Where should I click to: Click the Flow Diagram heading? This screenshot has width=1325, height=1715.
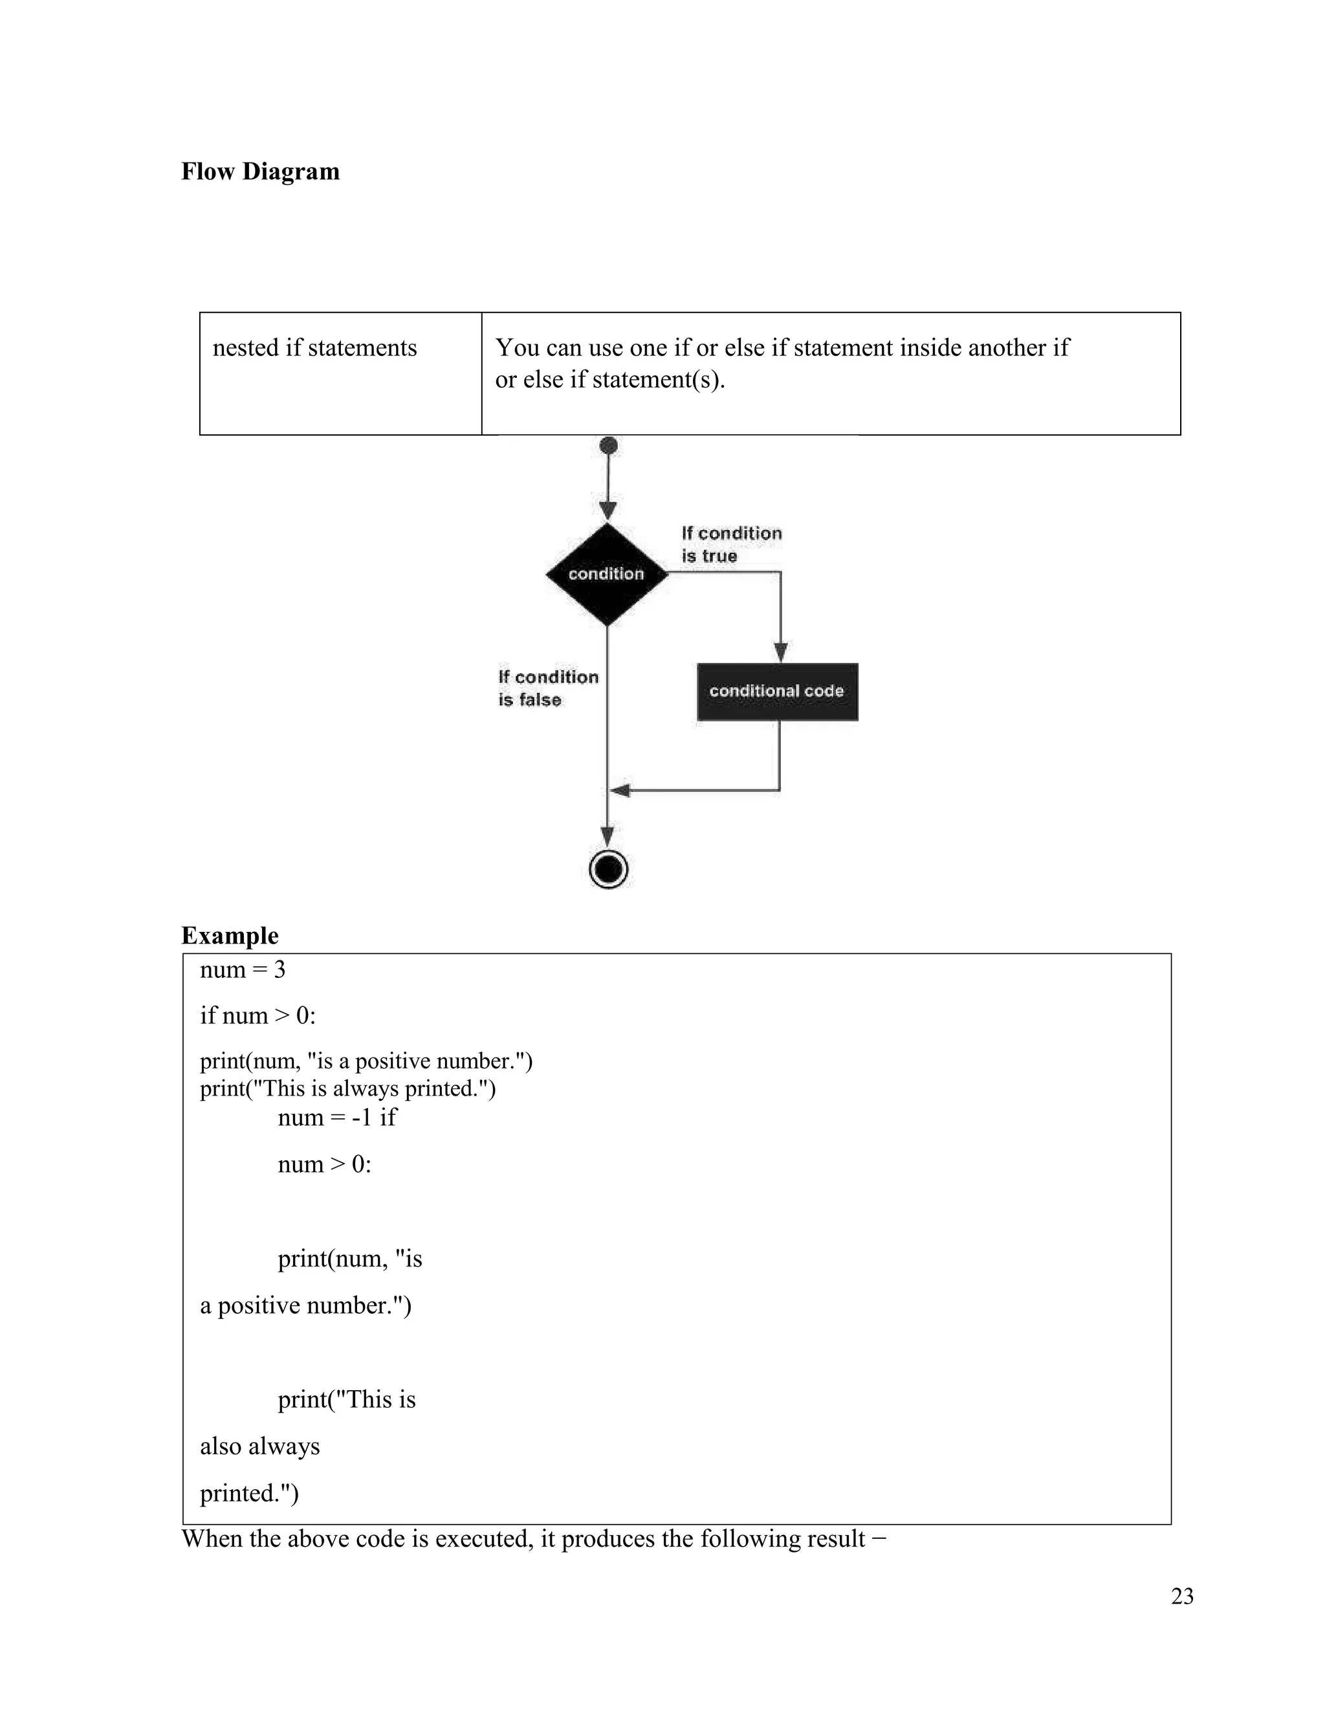tap(260, 171)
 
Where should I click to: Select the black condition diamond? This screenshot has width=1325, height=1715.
tap(607, 574)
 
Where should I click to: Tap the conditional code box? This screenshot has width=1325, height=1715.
tap(777, 692)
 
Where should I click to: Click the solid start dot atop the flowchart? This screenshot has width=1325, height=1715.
tap(608, 446)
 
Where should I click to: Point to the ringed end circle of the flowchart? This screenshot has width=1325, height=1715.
tap(608, 869)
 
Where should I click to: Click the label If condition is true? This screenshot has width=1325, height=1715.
tap(731, 544)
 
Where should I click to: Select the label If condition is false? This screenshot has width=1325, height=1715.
tap(547, 688)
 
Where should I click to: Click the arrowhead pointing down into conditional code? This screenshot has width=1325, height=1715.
tap(780, 652)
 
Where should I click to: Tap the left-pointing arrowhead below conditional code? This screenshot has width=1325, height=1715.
tap(620, 790)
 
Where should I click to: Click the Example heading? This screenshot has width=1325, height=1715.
tap(229, 935)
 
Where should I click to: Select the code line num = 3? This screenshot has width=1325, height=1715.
tap(243, 970)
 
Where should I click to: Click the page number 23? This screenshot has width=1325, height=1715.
tap(1181, 1597)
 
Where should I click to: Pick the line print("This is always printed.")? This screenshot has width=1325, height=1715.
tap(347, 1089)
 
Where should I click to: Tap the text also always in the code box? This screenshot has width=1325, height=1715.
tap(260, 1446)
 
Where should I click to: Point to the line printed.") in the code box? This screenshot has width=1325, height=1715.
tap(249, 1493)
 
